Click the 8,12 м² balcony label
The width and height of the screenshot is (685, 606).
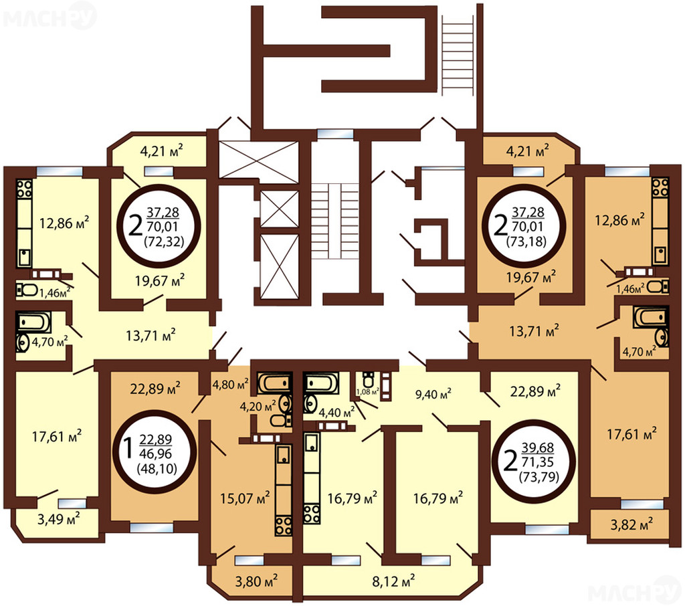(393, 581)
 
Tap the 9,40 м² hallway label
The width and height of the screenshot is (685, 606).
(433, 394)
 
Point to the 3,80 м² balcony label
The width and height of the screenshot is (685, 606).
(256, 581)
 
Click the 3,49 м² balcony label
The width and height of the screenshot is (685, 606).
(59, 519)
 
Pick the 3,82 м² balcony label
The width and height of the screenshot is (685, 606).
(631, 524)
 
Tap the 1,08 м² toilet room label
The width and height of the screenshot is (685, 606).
(368, 391)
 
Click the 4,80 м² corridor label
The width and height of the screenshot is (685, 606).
(230, 385)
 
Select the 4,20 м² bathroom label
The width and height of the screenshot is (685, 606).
(258, 406)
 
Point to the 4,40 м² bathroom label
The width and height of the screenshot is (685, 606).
(336, 411)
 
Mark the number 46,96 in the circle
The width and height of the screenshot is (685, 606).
(156, 454)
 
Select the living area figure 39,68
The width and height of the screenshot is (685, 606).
(538, 447)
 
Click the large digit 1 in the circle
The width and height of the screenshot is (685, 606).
(128, 449)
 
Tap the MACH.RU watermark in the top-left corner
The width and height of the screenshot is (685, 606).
(49, 18)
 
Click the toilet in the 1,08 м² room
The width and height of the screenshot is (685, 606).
(369, 379)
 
